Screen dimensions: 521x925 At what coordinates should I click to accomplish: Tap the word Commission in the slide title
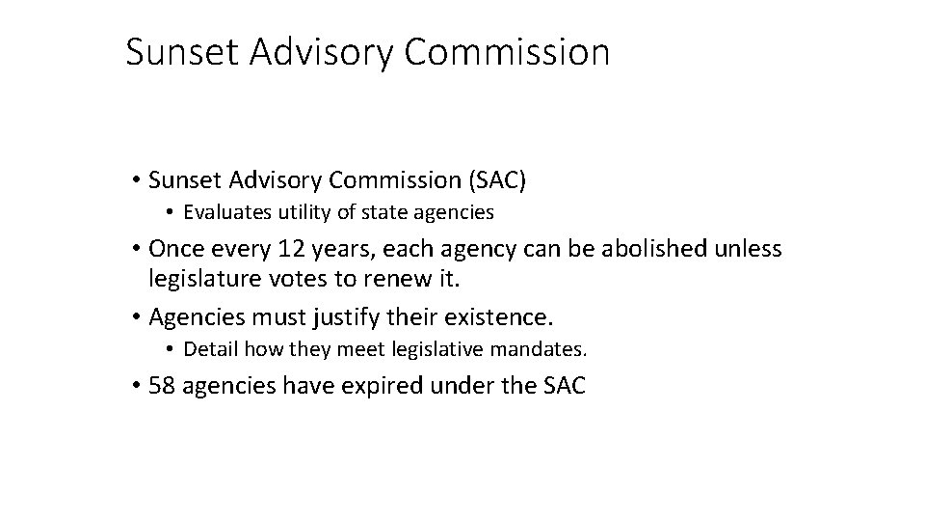click(x=507, y=52)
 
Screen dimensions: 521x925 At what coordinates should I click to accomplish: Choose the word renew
click(x=426, y=280)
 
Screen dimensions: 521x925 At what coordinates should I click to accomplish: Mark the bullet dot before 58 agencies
click(x=139, y=387)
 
